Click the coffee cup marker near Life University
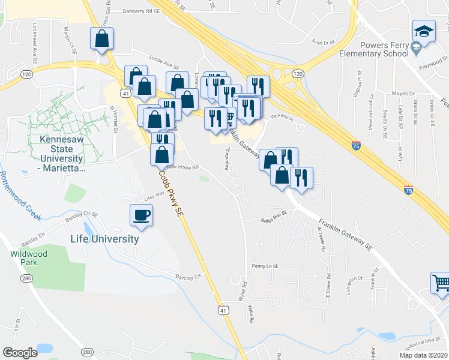pos(142,215)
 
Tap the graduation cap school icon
pos(423,31)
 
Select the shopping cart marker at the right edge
pos(441,282)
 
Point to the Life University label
pos(104,239)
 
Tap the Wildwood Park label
pos(24,258)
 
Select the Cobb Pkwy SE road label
pos(170,193)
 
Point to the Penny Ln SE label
pos(266,266)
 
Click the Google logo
pos(20,353)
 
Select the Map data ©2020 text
pos(424,355)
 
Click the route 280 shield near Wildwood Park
pos(26,278)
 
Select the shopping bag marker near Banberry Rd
pos(102,38)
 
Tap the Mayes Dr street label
pos(403,94)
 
